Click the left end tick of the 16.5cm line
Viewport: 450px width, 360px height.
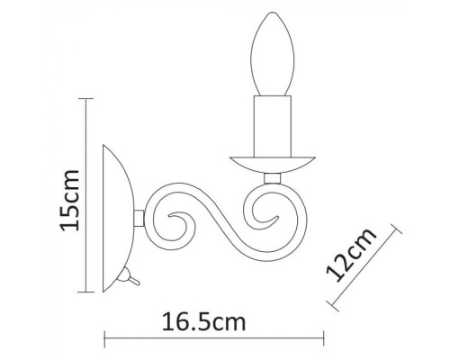(106, 339)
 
